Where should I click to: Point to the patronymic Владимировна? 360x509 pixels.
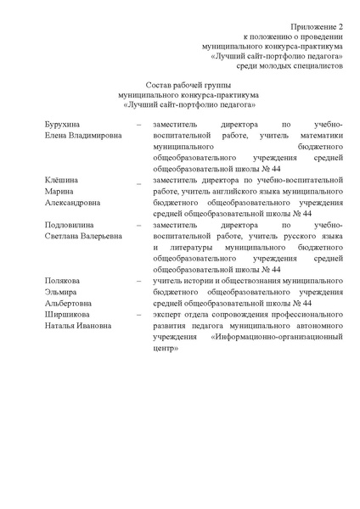click(x=91, y=135)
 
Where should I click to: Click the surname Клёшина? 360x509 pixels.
click(x=60, y=180)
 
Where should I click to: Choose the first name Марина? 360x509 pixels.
click(x=59, y=192)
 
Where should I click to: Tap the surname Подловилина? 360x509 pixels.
click(x=71, y=225)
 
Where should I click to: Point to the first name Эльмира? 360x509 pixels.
click(x=60, y=292)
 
